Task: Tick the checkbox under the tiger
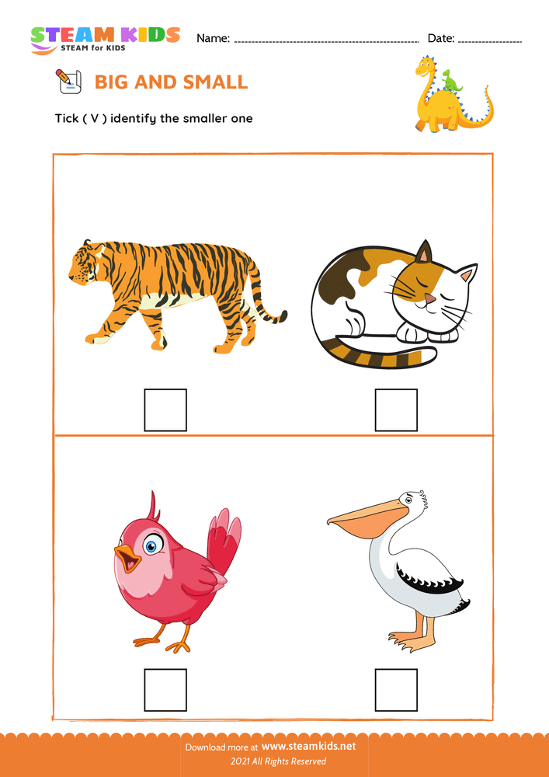(165, 410)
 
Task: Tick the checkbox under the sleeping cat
(396, 410)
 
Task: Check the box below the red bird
(165, 690)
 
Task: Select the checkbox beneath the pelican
(396, 690)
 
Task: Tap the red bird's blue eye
(151, 545)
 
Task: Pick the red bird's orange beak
(126, 556)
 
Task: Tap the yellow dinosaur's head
(426, 65)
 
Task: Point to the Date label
(440, 38)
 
